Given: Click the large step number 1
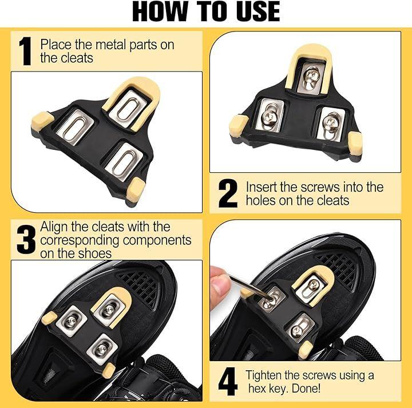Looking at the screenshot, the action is point(25,51).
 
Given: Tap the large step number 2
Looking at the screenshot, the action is point(228,193).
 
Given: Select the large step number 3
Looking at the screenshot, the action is point(26,239).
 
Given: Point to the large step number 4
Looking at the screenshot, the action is point(228,382).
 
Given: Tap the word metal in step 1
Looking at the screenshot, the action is point(111,45).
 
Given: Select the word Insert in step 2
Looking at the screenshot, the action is point(261,187).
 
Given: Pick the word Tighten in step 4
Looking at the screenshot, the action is point(264,375).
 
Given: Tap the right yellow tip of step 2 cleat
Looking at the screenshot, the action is point(355,143).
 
